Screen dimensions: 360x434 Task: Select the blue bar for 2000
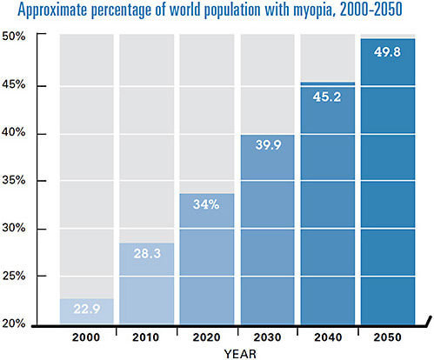coord(87,311)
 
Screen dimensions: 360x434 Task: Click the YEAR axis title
coord(237,353)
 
